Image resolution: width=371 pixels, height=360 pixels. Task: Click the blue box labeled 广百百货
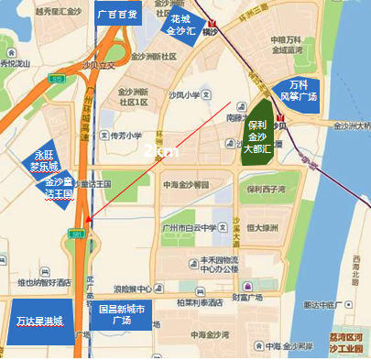click(117, 14)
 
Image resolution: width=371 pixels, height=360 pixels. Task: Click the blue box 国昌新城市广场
click(124, 316)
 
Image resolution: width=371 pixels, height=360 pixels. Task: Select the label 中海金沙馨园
click(183, 183)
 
